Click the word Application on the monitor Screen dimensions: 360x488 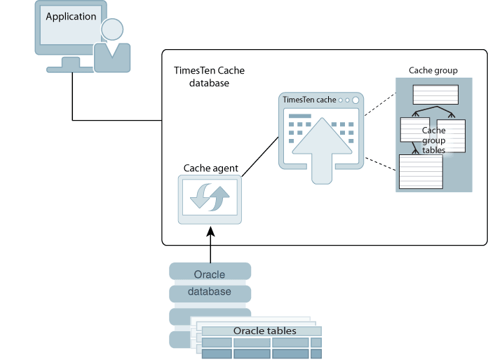tap(71, 16)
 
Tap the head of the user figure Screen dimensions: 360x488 tap(112, 29)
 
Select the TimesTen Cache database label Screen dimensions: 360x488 tap(209, 77)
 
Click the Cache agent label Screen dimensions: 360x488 tap(210, 168)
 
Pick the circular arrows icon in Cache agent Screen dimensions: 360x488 tap(210, 198)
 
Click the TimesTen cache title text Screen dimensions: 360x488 tap(309, 100)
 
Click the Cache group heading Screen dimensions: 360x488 tap(433, 71)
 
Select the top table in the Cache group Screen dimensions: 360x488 tap(435, 94)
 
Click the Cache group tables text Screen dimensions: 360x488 tap(433, 140)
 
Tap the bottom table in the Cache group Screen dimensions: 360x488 tap(421, 171)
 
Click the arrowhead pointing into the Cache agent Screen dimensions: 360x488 tap(210, 229)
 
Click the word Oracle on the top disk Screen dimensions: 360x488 tap(209, 274)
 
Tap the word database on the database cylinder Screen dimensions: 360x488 tap(209, 291)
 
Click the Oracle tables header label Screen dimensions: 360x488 tap(264, 331)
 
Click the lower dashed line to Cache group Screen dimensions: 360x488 tap(379, 165)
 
